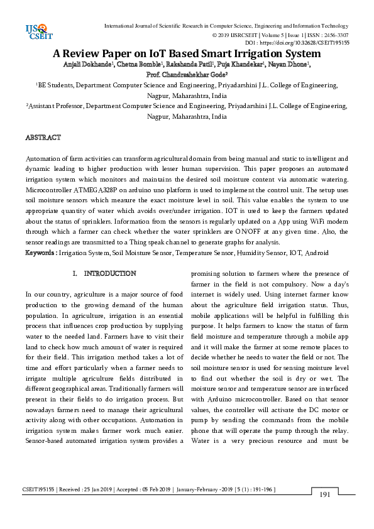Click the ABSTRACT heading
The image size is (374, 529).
(x=43, y=137)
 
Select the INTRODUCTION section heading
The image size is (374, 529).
(x=110, y=274)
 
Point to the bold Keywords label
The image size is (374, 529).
(x=41, y=253)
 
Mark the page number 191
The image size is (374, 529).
(x=325, y=495)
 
